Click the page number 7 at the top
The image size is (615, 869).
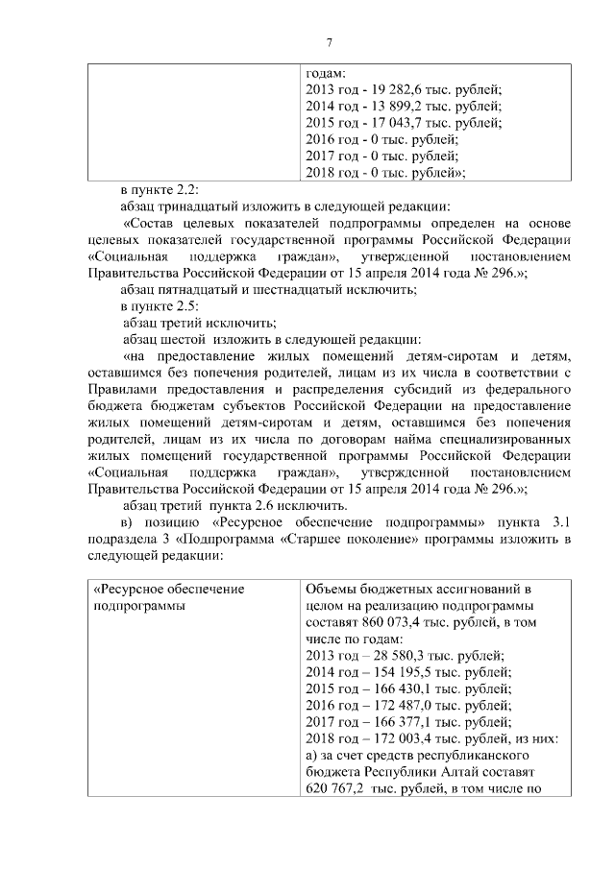(329, 43)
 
